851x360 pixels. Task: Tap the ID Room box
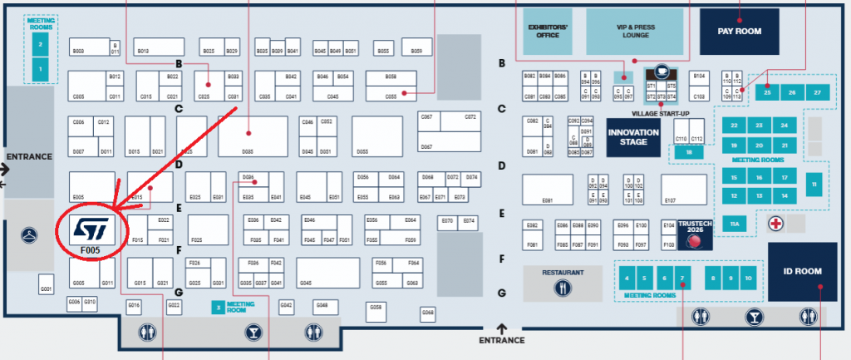tap(802, 272)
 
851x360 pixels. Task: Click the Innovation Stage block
tap(633, 137)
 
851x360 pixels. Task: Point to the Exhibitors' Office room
tap(548, 31)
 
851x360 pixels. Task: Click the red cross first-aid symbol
tap(775, 224)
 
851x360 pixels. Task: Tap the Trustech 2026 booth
tap(695, 235)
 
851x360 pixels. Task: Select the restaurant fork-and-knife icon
tap(563, 287)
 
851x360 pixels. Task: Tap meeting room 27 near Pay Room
tap(818, 91)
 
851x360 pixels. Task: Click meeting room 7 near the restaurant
tap(681, 278)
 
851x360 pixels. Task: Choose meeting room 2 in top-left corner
tap(39, 38)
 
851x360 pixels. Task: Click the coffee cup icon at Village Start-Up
tap(662, 72)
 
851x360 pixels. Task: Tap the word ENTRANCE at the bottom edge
tap(502, 339)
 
